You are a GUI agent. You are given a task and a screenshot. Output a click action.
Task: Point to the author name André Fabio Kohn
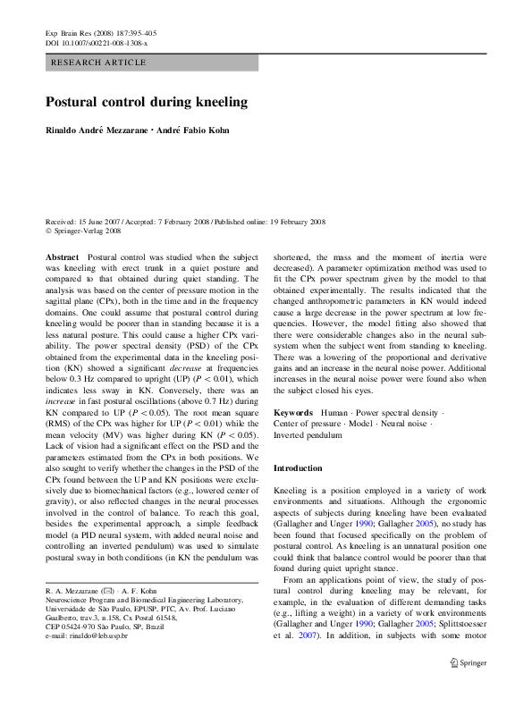(194, 130)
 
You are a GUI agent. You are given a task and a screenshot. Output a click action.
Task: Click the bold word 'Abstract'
(61, 256)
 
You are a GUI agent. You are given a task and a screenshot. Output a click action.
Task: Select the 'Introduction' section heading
(298, 468)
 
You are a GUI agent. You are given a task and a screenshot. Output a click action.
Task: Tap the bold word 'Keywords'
(293, 414)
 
